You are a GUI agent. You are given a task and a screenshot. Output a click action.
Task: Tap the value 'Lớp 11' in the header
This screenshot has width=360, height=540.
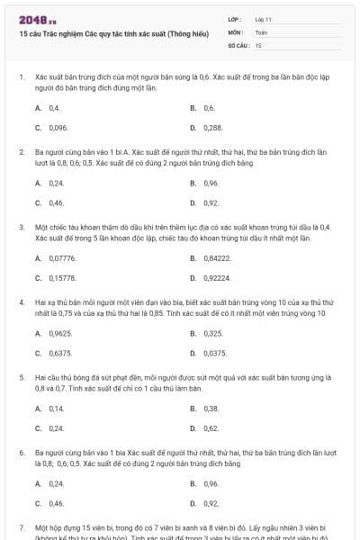click(x=264, y=19)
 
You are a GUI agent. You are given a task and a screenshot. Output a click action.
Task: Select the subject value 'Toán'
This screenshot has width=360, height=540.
click(x=261, y=31)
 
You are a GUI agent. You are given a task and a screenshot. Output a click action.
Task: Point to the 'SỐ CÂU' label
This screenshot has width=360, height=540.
click(x=238, y=44)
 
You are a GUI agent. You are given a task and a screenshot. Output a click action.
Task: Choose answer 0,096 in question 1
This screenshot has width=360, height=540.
click(x=58, y=128)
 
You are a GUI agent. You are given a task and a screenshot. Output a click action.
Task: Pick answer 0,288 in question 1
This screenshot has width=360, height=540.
click(x=212, y=128)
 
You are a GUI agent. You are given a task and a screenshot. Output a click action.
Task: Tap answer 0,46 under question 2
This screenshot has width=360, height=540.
click(x=56, y=203)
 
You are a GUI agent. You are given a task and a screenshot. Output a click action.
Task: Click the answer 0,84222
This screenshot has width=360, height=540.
click(x=217, y=257)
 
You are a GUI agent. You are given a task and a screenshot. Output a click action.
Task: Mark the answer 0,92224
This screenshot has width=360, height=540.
click(x=217, y=278)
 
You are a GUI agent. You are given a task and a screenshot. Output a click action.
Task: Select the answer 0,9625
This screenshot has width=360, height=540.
click(x=60, y=333)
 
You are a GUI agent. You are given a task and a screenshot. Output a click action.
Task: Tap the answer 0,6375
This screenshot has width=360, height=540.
click(x=60, y=354)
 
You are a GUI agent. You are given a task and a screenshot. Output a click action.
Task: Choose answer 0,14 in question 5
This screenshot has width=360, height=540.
click(x=56, y=408)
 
